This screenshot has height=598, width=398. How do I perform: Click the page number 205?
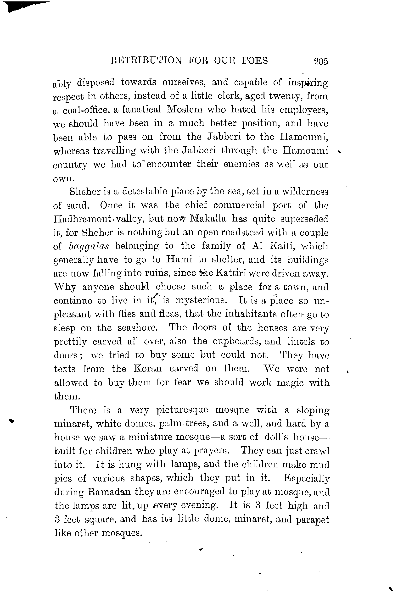321,61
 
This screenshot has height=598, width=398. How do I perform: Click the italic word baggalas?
89,246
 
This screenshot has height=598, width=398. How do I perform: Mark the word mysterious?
201,300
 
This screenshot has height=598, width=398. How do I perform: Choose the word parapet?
313,520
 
